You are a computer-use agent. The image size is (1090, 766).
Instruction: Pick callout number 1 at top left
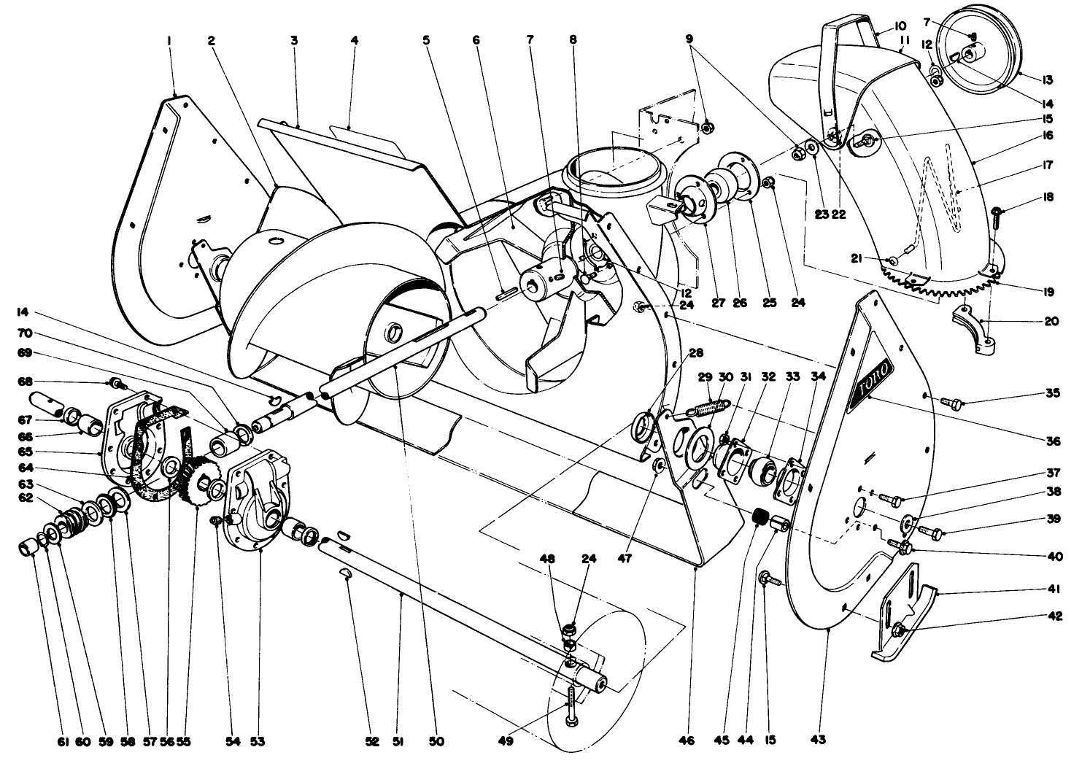[169, 42]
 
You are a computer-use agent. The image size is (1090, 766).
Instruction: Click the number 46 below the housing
[686, 741]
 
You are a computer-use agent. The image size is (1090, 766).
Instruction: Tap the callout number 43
[818, 741]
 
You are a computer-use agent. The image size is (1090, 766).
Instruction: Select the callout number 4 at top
[354, 42]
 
